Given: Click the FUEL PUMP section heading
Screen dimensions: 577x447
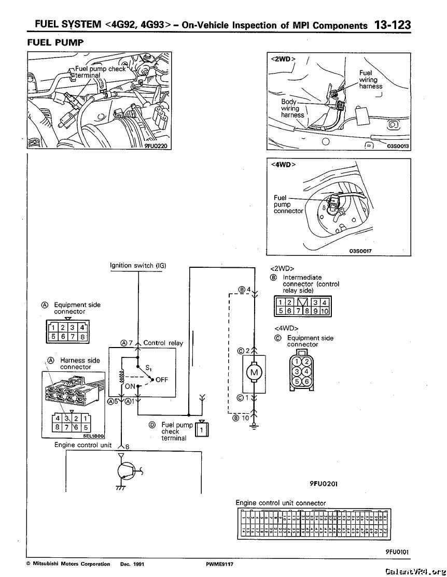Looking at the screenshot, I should coord(55,42).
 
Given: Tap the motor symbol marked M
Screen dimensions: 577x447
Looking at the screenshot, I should coord(254,373).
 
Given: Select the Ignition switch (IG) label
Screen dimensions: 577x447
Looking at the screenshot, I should coord(138,266).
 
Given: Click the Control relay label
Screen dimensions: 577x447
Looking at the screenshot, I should coord(163,343).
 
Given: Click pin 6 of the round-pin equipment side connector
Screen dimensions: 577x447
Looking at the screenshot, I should coord(307,381).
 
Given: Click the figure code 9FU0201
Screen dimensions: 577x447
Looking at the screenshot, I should coord(324,484).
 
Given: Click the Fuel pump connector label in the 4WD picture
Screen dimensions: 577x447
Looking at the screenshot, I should coord(288,205).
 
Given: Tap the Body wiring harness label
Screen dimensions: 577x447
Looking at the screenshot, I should coord(292,108).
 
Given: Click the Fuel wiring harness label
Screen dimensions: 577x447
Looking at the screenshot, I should coord(370,80).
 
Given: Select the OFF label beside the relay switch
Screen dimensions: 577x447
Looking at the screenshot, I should coord(162,380).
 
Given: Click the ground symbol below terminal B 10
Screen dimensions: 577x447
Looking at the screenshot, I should coord(254,426).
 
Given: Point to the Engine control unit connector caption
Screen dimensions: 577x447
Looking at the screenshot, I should coord(281,503).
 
